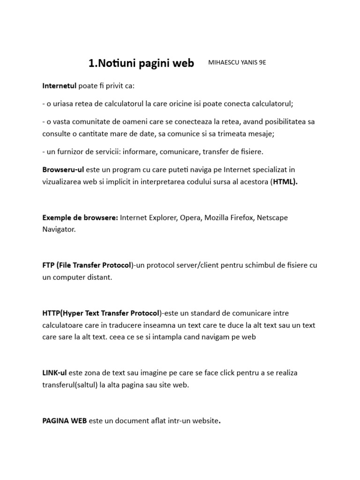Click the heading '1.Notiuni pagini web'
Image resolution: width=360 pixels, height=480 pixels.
point(141,64)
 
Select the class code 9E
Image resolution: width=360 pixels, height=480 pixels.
point(262,63)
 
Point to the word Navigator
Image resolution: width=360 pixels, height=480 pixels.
point(58,230)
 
